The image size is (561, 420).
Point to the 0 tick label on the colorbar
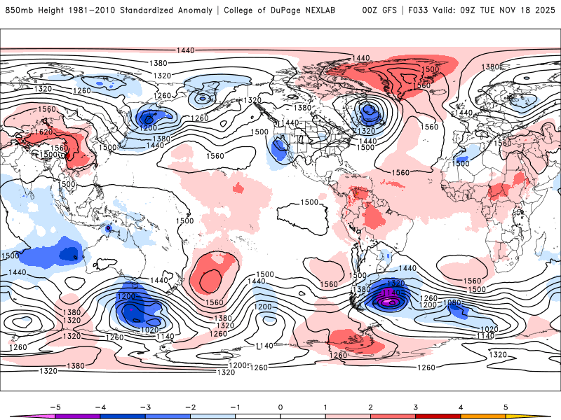click(x=280, y=406)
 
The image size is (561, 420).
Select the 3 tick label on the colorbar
click(x=416, y=406)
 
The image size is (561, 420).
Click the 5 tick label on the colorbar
click(x=506, y=406)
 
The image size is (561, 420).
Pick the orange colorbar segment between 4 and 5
click(x=483, y=416)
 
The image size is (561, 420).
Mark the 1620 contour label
click(x=43, y=132)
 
